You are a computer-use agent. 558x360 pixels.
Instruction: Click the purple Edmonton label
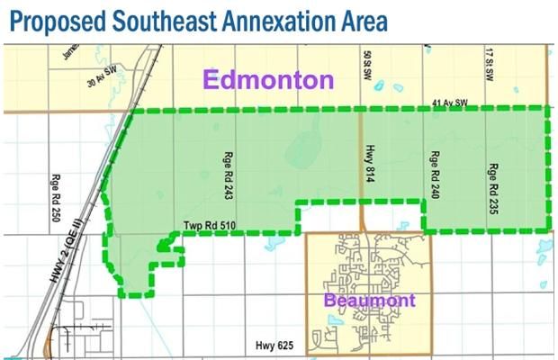tap(268, 80)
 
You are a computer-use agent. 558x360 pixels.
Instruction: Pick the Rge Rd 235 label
tap(492, 184)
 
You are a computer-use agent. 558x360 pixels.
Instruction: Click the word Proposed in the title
tap(49, 20)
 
